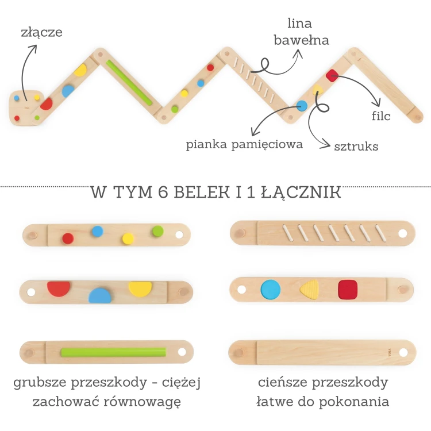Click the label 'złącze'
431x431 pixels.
pos(40,32)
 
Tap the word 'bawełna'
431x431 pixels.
pos(301,40)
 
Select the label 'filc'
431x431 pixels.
pos(381,117)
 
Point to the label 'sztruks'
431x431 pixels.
pos(356,147)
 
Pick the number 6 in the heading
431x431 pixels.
pos(162,193)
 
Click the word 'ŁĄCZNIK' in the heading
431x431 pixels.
pos(307,193)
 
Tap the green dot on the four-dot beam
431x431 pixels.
pos(158,232)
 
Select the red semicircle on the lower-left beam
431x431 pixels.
pos(59,288)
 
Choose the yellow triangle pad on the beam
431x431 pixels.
pos(309,290)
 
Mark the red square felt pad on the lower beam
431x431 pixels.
pos(348,289)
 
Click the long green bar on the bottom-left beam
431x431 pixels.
pos(113,352)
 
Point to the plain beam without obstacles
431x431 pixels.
pos(322,352)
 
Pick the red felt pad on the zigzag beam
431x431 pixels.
pos(332,75)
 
